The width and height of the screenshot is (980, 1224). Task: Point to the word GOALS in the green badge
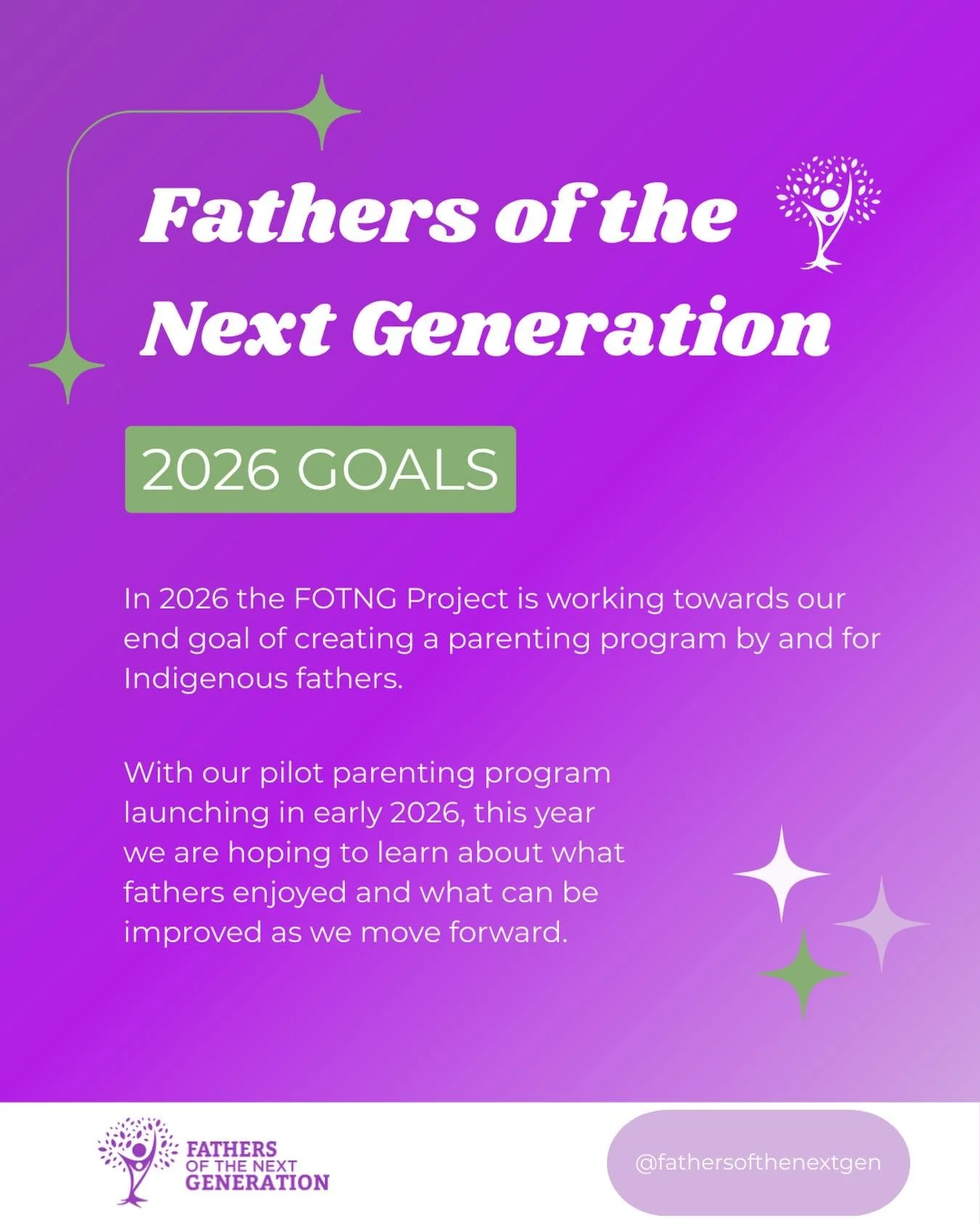tap(397, 469)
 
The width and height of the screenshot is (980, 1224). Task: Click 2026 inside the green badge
tap(211, 469)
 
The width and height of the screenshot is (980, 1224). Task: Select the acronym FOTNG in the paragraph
tap(346, 599)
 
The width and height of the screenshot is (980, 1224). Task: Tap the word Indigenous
tap(205, 679)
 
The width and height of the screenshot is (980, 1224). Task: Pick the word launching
tap(196, 813)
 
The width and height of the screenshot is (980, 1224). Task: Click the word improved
tap(192, 933)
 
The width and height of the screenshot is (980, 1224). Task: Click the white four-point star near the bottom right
tap(781, 874)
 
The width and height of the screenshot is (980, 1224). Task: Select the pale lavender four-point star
tap(881, 924)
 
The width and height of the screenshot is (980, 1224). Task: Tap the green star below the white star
tap(803, 974)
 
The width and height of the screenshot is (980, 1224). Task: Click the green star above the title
tap(322, 112)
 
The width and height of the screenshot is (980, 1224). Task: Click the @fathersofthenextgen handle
tap(758, 1162)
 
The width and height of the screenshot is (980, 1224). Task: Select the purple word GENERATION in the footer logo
tap(257, 1183)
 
